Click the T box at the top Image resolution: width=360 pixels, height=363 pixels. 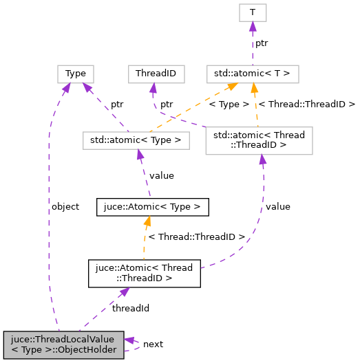252,12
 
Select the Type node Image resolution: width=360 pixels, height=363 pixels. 75,73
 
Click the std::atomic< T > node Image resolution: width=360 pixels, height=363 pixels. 252,73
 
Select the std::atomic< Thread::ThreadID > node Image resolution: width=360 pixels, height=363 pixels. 259,140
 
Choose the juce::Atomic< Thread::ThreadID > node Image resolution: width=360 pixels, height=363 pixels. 144,273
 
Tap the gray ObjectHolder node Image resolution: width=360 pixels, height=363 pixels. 63,345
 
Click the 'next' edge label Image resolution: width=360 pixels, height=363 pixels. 153,344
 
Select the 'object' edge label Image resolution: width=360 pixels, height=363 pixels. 65,206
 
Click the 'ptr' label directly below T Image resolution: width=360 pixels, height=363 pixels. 262,43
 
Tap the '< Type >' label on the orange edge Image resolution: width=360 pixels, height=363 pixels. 229,104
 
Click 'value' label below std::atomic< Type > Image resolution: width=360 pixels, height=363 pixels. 161,175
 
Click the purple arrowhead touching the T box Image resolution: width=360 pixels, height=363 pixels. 252,26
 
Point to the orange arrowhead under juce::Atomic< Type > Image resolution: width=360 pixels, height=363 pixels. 147,221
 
